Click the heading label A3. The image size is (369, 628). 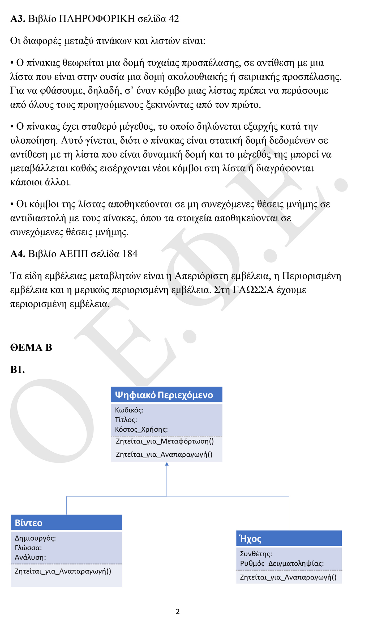click(x=18, y=19)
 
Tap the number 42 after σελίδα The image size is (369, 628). click(x=174, y=19)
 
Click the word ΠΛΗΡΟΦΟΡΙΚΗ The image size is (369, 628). click(x=97, y=19)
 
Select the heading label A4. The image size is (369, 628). click(x=18, y=254)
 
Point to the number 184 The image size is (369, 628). click(x=130, y=254)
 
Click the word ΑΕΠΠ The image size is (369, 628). click(x=74, y=254)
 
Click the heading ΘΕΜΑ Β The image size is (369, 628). click(x=31, y=347)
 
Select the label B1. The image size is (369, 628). click(x=18, y=370)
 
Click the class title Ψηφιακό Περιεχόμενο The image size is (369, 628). click(x=164, y=395)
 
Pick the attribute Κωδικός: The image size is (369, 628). click(x=129, y=410)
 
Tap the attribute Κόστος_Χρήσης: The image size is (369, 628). click(x=141, y=430)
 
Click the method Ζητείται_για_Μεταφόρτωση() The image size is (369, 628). click(x=165, y=441)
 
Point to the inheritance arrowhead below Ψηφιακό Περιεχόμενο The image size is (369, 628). click(x=167, y=464)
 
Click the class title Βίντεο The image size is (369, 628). click(x=29, y=523)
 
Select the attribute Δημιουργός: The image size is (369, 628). click(x=35, y=538)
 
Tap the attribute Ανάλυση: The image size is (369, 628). click(x=30, y=557)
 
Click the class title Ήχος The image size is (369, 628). click(x=250, y=539)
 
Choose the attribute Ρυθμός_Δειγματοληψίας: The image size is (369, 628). click(x=282, y=563)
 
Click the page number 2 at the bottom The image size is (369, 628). click(x=178, y=612)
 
